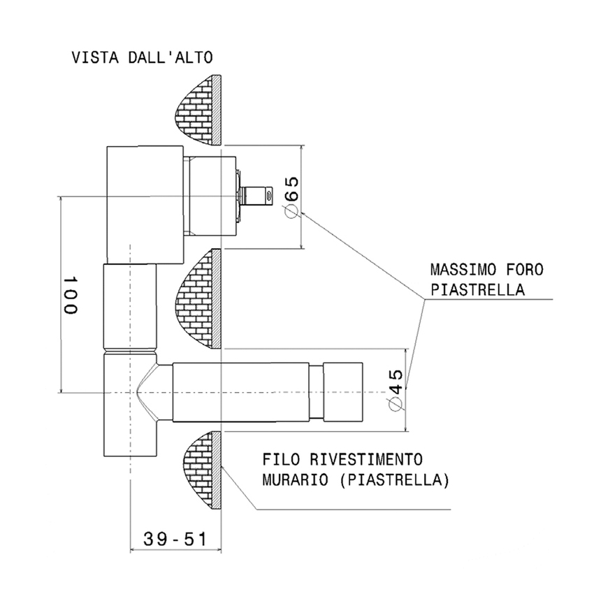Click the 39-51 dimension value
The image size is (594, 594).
point(175,539)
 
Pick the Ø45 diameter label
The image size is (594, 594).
point(395,389)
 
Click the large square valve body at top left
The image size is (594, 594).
point(144,202)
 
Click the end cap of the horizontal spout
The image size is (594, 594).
point(342,393)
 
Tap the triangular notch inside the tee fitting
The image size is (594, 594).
point(147,392)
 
